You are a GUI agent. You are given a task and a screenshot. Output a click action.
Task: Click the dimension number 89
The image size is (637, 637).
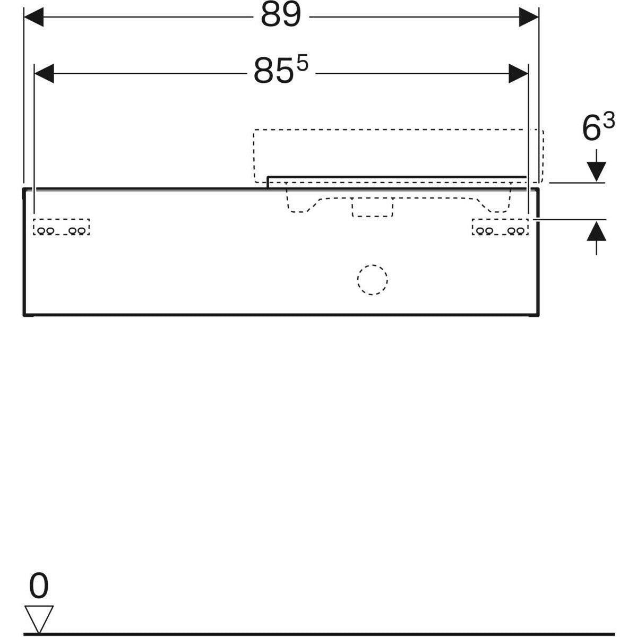click(x=281, y=15)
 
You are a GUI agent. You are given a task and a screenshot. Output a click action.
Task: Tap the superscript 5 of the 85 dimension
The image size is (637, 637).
click(x=302, y=64)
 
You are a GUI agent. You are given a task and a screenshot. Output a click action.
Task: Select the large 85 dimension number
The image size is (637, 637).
click(x=273, y=71)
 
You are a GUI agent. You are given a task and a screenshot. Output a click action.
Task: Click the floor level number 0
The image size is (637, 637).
click(x=39, y=585)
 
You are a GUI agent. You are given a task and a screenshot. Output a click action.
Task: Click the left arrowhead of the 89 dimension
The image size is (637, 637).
click(x=34, y=17)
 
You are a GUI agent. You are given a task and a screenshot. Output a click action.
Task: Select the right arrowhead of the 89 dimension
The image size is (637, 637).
click(x=529, y=17)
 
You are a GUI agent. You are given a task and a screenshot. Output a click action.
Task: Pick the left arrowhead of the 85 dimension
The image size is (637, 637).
click(x=44, y=73)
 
